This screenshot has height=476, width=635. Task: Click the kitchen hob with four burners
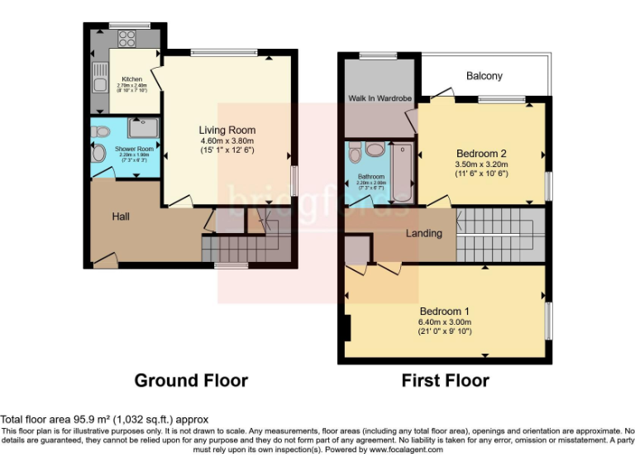click(x=127, y=37)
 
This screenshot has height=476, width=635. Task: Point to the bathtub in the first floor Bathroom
click(x=402, y=174)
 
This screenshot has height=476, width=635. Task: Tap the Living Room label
click(x=227, y=130)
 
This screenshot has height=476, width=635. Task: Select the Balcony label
click(x=484, y=76)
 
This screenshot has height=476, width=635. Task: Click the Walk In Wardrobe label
click(x=380, y=98)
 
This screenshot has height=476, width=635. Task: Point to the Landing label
click(x=423, y=233)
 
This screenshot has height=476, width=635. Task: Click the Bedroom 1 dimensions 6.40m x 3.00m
click(x=445, y=322)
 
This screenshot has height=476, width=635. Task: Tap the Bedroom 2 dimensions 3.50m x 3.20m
click(x=482, y=164)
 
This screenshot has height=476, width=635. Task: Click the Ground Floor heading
click(x=191, y=381)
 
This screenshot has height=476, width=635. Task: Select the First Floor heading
click(x=445, y=381)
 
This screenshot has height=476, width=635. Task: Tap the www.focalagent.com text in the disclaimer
click(x=403, y=450)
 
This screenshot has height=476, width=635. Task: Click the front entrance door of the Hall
click(x=104, y=261)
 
